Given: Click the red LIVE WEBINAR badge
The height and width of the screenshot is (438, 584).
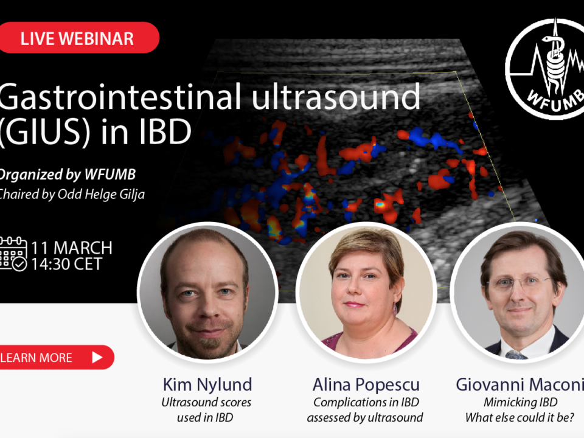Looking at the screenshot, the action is [79, 38].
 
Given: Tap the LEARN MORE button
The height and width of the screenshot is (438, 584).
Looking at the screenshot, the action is [56, 357].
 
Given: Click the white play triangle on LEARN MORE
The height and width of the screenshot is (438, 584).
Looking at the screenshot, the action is [97, 357].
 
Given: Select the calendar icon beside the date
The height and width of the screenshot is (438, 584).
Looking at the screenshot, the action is [13, 254].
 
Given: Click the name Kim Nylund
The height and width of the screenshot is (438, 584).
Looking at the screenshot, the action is [207, 384].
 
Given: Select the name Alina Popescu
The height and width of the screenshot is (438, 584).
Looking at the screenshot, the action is [366, 384].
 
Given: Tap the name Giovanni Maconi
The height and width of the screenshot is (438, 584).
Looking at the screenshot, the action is [520, 384].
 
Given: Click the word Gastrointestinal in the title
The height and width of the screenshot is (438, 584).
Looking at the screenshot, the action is [120, 97].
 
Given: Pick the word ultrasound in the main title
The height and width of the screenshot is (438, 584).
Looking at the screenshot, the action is [336, 97].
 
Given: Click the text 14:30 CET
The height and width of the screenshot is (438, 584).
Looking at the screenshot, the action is [66, 264].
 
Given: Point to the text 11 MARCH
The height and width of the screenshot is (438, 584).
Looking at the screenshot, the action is [72, 248].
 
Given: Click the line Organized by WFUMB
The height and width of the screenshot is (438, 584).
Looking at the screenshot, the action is [67, 175].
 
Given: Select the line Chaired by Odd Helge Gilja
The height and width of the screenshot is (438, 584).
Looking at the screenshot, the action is [72, 194].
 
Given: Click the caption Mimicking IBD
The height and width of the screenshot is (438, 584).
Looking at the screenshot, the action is [520, 402].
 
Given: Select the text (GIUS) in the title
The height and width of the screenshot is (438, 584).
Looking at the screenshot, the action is [44, 131].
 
